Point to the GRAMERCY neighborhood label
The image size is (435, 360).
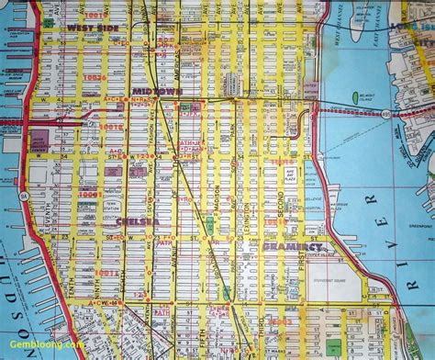tap(292, 247)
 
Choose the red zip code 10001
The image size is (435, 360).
tap(89, 195)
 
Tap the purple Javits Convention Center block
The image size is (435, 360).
tap(40, 142)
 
